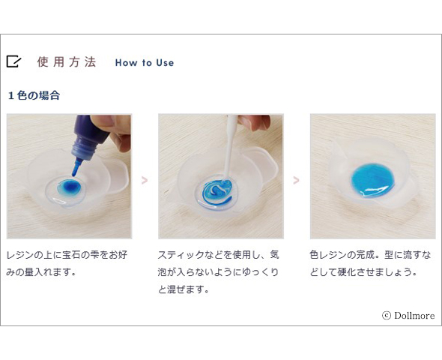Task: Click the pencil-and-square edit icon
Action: [13, 61]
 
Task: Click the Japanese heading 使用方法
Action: [67, 61]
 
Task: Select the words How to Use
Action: [145, 63]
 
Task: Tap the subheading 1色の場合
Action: [34, 95]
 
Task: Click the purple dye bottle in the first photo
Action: [90, 136]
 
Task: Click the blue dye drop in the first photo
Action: [70, 187]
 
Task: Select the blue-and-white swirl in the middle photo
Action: [217, 192]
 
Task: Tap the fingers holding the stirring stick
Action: [254, 122]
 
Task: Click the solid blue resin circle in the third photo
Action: [372, 180]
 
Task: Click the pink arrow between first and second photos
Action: [145, 180]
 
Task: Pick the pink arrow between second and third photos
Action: [296, 180]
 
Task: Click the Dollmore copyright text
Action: [408, 316]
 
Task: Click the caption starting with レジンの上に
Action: [67, 263]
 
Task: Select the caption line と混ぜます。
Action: [184, 289]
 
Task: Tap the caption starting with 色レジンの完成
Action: [370, 263]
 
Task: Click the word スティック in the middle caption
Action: [181, 255]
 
